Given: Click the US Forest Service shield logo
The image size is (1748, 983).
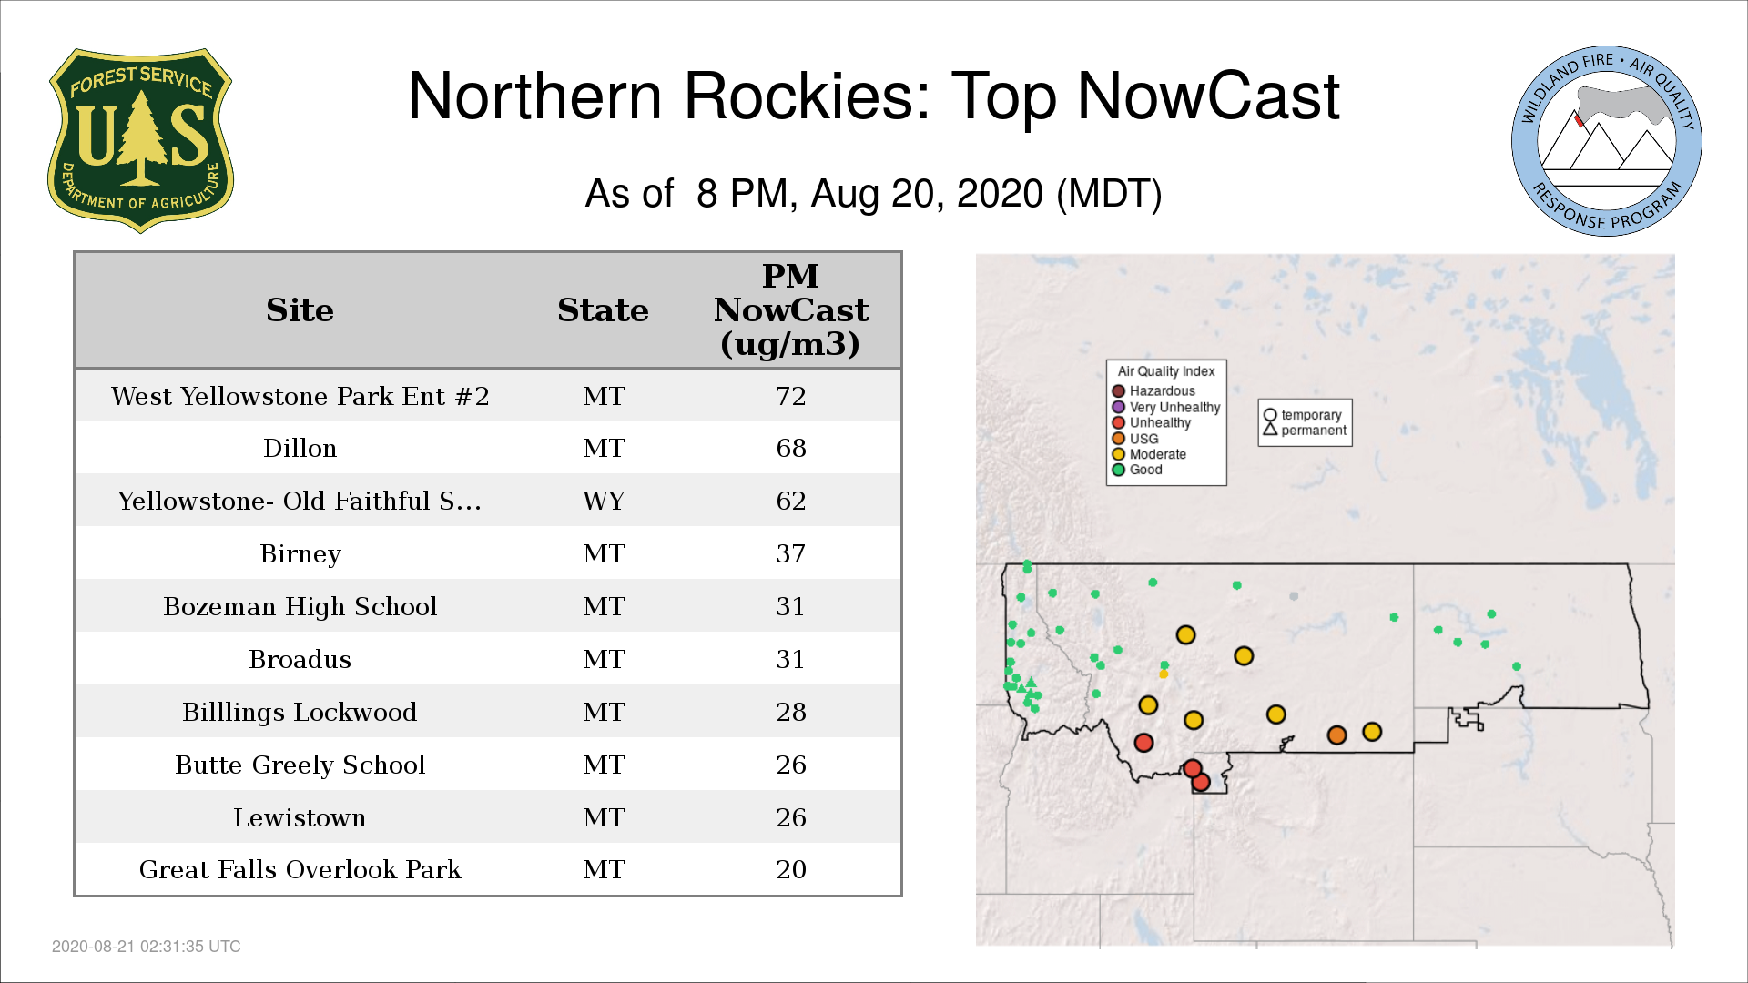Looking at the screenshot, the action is [140, 141].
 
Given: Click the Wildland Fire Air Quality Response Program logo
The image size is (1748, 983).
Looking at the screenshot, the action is [1607, 141].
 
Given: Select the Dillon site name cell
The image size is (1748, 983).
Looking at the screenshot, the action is [300, 448].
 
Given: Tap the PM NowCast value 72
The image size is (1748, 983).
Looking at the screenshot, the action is [791, 396].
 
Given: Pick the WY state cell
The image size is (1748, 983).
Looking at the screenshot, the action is [604, 501].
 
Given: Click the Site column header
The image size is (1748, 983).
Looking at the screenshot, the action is [300, 310].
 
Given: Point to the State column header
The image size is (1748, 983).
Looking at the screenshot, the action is [603, 310].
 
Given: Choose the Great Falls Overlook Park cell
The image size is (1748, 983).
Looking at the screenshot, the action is [300, 869].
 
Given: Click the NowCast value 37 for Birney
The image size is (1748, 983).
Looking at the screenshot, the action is [791, 553].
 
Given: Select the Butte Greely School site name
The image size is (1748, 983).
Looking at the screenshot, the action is [300, 765].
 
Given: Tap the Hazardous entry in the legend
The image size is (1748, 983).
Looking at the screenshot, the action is [1153, 391].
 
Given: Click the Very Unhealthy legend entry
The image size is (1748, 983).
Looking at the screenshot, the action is [1166, 407].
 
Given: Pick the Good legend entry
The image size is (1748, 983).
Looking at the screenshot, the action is [1137, 470].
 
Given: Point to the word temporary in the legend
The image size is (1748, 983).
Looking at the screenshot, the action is [1311, 415].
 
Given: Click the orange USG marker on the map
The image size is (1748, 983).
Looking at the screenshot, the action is [1336, 735].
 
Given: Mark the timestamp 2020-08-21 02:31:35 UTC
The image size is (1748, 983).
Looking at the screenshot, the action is [147, 947].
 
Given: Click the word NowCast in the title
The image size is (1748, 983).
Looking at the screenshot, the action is [1208, 96].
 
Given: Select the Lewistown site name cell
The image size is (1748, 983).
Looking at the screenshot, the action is [300, 817].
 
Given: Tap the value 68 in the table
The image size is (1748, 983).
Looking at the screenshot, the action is [791, 448].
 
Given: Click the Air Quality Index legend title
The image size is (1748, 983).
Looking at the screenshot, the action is [1166, 371].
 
